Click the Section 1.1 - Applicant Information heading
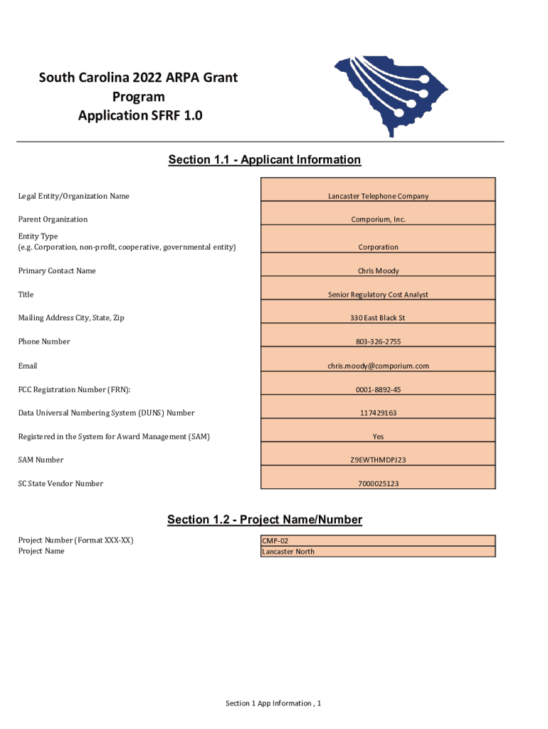[265, 159]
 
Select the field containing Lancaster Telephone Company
[378, 196]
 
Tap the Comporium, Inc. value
[378, 219]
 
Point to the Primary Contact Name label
[57, 271]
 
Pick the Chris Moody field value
[378, 271]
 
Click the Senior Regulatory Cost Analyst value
[378, 294]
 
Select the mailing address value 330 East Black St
[378, 318]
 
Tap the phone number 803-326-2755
[378, 342]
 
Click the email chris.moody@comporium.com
[378, 366]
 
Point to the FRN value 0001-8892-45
[378, 389]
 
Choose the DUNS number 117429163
[378, 413]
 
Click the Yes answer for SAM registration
[378, 436]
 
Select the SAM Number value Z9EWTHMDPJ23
[378, 460]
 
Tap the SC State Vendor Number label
[60, 483]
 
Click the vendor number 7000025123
[378, 484]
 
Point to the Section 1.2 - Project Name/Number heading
[265, 520]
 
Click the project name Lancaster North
[288, 552]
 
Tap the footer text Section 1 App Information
[273, 703]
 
